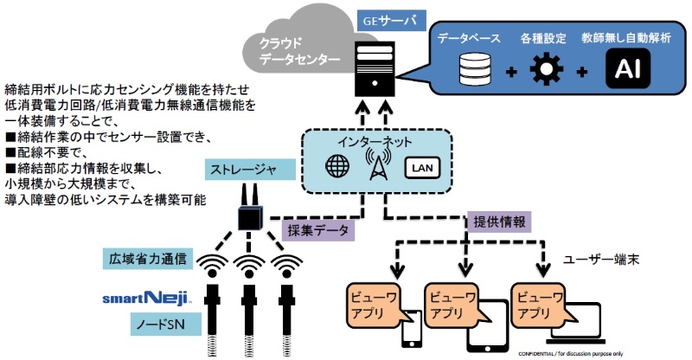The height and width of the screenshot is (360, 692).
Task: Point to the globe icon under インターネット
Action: pos(336,166)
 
